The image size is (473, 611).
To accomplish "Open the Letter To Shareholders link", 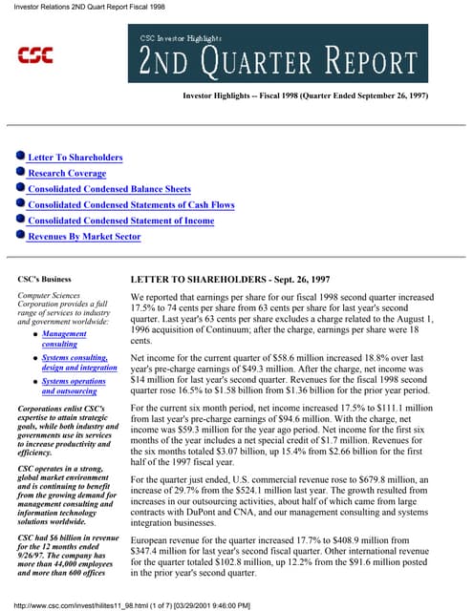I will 75,158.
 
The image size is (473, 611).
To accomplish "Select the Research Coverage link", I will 67,173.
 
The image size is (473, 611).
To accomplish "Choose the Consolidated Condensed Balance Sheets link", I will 109,189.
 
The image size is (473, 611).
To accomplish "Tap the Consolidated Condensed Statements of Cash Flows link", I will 131,204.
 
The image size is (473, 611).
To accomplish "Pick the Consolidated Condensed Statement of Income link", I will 120,221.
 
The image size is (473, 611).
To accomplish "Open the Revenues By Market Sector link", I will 84,236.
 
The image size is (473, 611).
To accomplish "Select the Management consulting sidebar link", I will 65,339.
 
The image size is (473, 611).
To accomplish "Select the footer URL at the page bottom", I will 130,604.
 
